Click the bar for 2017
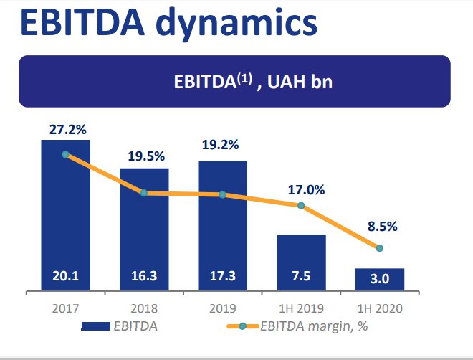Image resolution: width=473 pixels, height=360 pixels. [x=65, y=215]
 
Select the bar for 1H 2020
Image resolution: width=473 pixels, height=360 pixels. [x=380, y=280]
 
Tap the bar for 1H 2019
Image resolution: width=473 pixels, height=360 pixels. [x=301, y=262]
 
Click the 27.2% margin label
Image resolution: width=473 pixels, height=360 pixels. [x=67, y=130]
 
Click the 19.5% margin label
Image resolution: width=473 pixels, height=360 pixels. [x=147, y=156]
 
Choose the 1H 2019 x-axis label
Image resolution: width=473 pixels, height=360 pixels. [x=301, y=308]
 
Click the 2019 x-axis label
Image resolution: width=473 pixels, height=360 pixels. [x=222, y=308]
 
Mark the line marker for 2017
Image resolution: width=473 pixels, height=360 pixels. [x=65, y=154]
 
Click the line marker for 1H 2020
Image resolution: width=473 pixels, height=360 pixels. [x=380, y=248]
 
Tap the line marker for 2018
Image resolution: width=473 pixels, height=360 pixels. [x=144, y=193]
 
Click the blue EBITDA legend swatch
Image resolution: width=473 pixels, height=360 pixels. [x=95, y=327]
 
